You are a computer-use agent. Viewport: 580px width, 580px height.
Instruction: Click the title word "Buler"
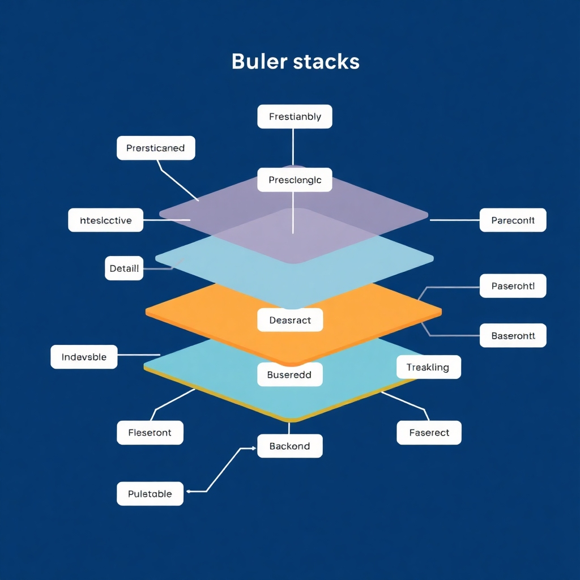pos(259,61)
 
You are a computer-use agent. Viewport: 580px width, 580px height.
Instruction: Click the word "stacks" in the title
pos(327,61)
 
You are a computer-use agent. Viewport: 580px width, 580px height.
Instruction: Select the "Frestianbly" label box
pos(295,117)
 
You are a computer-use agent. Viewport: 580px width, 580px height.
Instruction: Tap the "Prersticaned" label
pos(156,148)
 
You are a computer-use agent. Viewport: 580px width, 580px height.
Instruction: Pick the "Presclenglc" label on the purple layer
pos(295,180)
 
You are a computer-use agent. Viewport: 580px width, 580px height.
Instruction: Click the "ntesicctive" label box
pos(106,220)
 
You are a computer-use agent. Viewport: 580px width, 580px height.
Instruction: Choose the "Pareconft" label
pos(513,220)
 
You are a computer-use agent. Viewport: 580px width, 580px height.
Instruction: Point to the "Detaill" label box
pos(124,268)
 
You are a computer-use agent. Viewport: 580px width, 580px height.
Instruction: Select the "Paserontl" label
pos(513,286)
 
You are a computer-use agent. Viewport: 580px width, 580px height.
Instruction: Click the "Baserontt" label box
pos(513,335)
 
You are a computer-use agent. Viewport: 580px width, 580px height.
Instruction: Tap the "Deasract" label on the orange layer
pos(290,320)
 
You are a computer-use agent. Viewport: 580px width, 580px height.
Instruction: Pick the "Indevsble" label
pos(84,357)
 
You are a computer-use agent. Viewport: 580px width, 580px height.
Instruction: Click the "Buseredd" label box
pos(290,374)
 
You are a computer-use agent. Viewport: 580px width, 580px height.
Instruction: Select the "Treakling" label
pos(428,367)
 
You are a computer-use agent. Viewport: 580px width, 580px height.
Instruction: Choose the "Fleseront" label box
pos(150,432)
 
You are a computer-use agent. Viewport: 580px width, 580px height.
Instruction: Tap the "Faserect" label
pos(429,432)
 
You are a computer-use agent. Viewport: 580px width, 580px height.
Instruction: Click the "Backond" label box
pos(290,446)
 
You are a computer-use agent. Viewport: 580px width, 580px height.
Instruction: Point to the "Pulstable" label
pos(150,493)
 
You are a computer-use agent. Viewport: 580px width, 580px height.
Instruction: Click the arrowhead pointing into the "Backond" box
pos(253,448)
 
